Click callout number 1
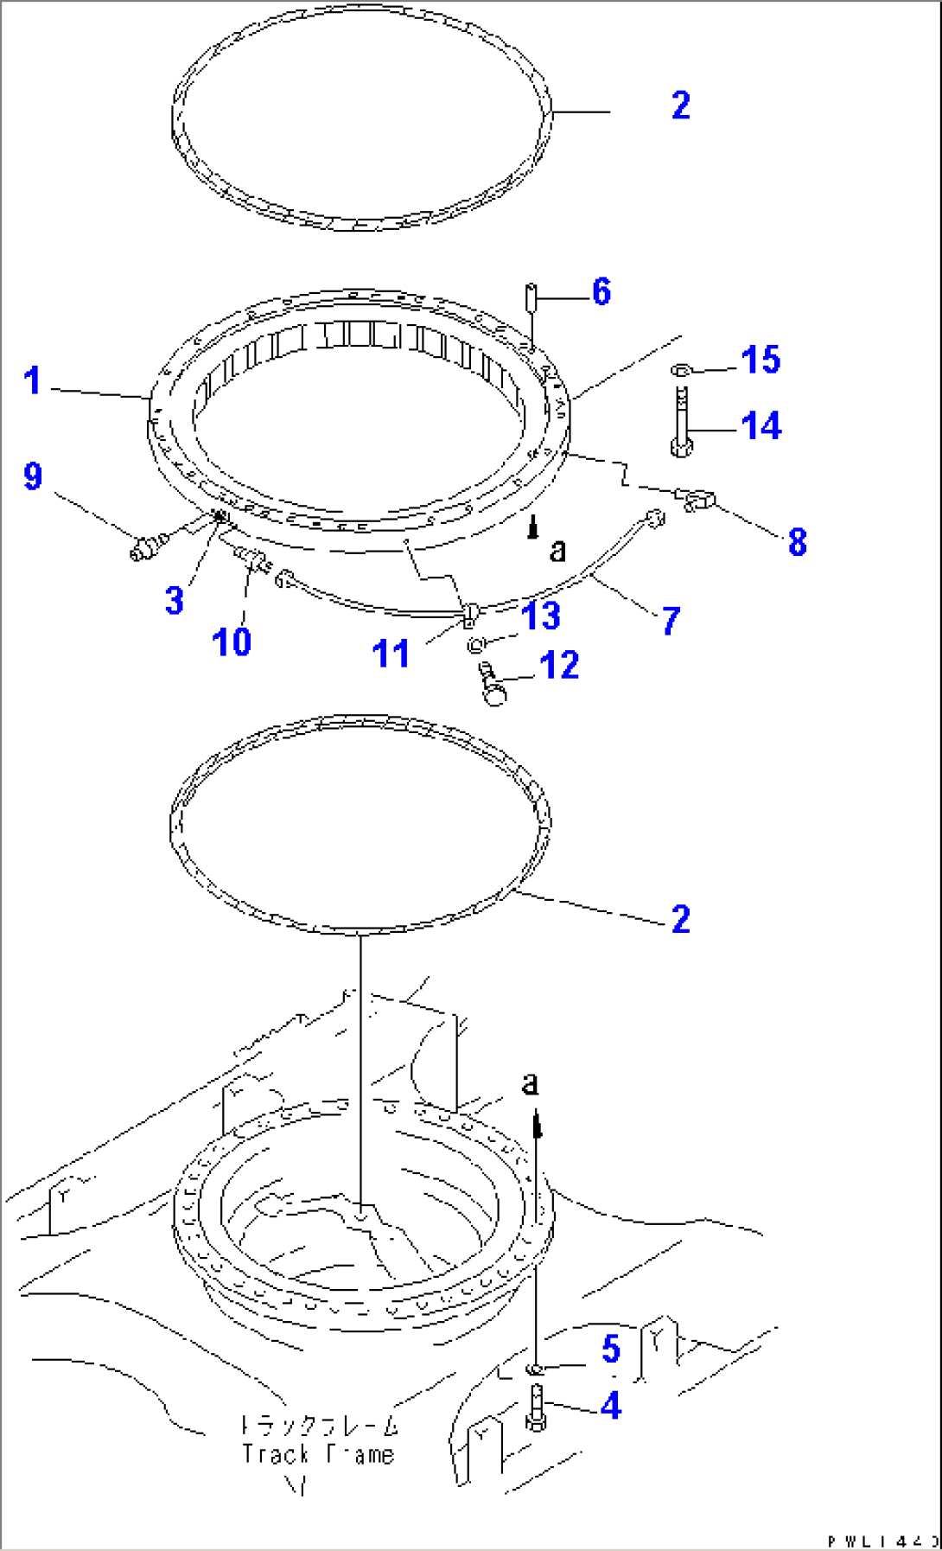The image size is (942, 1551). [x=32, y=380]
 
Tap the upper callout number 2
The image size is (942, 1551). [x=680, y=105]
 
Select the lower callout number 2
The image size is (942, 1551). [x=680, y=919]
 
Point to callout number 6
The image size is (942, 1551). [x=601, y=292]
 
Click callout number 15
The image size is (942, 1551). [x=761, y=360]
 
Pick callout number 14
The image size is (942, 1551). [x=761, y=426]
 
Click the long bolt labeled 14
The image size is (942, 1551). [x=682, y=424]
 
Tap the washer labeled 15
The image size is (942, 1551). [x=680, y=370]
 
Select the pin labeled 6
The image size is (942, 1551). [x=531, y=297]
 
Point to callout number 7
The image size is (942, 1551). [x=671, y=621]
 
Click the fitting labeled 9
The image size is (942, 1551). [x=144, y=547]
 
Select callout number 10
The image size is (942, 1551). [x=231, y=641]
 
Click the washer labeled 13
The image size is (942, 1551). [x=476, y=645]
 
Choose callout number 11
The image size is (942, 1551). [x=390, y=654]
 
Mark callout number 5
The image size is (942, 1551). [x=611, y=1349]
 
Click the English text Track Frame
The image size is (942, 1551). [x=317, y=1455]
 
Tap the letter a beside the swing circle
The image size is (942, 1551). [x=558, y=550]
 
